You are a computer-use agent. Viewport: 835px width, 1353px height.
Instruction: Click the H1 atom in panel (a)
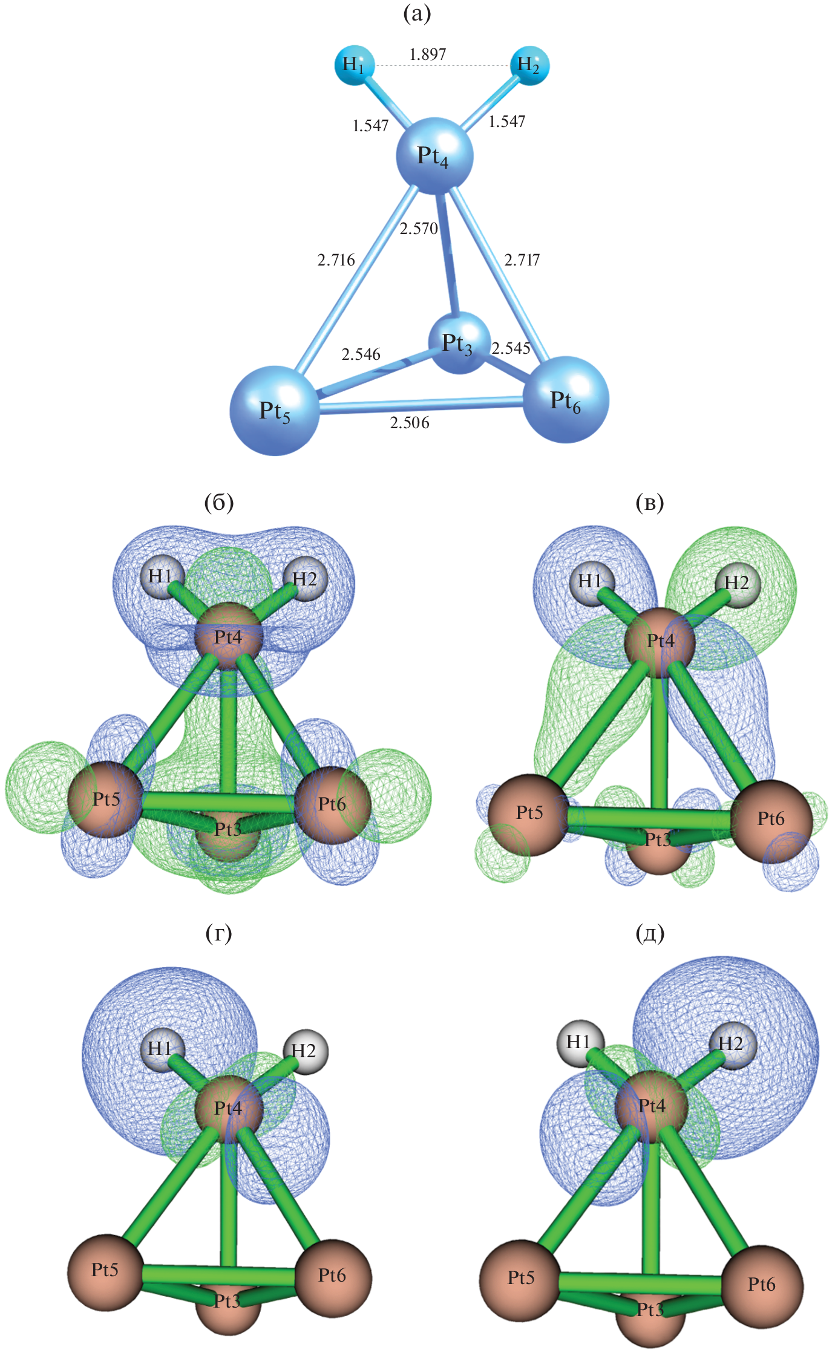click(353, 64)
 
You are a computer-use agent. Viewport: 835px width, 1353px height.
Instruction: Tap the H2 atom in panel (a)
click(529, 65)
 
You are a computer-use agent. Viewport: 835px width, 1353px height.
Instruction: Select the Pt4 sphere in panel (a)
click(434, 156)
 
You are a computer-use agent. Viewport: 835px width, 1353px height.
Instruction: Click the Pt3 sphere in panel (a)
click(458, 343)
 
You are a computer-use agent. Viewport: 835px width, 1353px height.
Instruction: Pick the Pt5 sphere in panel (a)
click(275, 411)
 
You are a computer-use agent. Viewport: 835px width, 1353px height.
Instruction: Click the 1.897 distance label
click(428, 54)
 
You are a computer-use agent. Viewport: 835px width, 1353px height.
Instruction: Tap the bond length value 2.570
click(418, 229)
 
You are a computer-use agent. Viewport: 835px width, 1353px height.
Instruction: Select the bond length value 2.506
click(410, 423)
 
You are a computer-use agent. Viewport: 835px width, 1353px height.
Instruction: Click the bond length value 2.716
click(336, 260)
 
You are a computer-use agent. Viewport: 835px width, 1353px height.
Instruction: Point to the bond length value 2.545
click(511, 348)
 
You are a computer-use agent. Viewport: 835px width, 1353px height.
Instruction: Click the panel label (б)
click(219, 502)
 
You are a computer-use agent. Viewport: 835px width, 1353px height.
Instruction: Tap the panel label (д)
click(650, 933)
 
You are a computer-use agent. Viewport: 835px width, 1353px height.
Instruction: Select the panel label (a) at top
click(417, 13)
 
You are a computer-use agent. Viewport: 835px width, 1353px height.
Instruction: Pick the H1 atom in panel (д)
click(579, 1043)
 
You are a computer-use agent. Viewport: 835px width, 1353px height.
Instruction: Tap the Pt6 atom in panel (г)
click(333, 1276)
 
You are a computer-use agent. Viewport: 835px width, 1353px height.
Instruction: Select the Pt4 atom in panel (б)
click(228, 637)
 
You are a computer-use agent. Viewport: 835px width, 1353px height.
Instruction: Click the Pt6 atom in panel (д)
click(762, 1284)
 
